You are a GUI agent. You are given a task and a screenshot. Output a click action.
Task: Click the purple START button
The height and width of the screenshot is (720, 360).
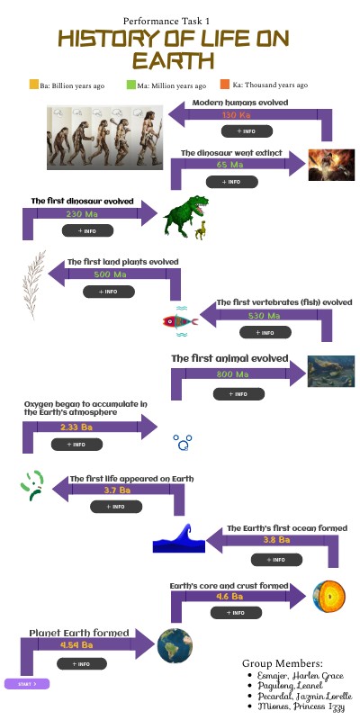point(26,685)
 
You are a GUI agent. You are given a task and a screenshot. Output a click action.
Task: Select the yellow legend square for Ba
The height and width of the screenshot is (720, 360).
point(34,85)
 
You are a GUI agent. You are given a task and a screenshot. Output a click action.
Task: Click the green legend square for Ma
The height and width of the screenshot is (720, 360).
point(130,85)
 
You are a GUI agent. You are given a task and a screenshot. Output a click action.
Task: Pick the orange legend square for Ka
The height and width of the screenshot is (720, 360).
point(225,85)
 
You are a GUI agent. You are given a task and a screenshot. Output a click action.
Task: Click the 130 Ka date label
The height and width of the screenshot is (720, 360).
point(236,115)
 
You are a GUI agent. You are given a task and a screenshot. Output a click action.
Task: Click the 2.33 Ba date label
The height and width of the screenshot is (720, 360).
point(76,427)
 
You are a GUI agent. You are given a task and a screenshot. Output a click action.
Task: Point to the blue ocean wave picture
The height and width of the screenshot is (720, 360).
point(178,538)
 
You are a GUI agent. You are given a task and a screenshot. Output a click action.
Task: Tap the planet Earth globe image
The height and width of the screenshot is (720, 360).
point(171,645)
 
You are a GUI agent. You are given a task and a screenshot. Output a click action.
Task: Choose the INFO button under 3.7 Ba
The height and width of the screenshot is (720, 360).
point(116,507)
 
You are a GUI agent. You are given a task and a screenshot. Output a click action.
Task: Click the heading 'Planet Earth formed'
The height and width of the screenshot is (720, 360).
point(79,632)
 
